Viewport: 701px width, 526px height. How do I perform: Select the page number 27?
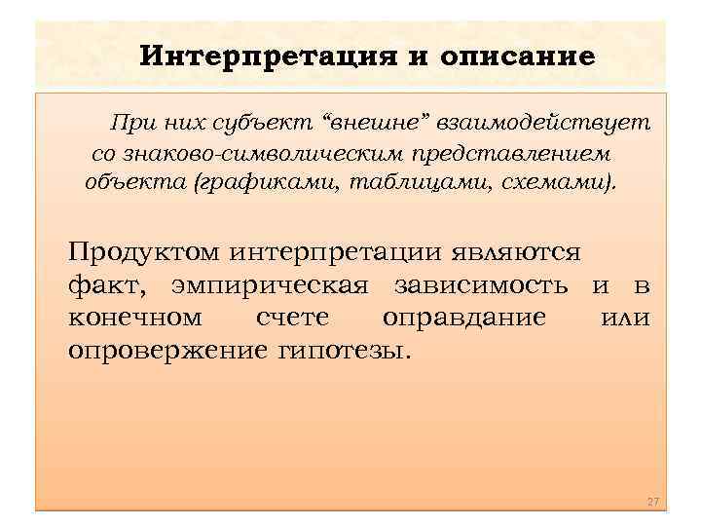point(653,501)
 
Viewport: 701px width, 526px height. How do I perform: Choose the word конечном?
point(135,318)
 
